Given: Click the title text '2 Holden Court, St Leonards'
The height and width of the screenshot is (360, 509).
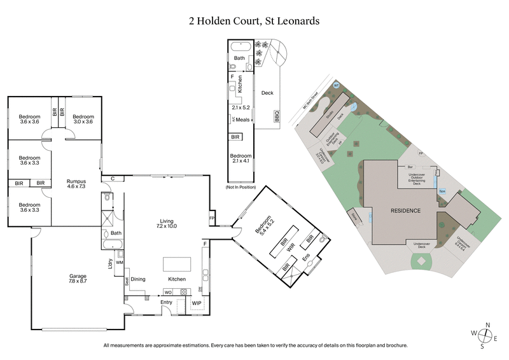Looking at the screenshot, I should (x=254, y=21).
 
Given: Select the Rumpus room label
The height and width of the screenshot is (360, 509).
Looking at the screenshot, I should (x=76, y=184).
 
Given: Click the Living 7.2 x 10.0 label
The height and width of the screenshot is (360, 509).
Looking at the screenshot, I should (x=167, y=223).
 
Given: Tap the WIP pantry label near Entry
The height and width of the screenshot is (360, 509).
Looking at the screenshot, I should (x=197, y=303).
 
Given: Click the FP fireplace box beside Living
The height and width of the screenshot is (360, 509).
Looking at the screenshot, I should (x=211, y=218).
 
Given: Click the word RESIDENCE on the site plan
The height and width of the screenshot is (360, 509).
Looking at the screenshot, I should (x=405, y=210).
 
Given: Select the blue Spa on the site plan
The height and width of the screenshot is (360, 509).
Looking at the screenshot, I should (x=442, y=190).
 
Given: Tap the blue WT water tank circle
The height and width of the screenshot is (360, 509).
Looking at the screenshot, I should (x=337, y=85).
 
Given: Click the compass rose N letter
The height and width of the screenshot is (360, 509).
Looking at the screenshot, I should (x=487, y=325).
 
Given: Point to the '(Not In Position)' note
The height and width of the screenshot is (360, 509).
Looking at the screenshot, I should (x=240, y=188).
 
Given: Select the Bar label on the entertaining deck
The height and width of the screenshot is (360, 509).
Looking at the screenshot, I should (x=410, y=167).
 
